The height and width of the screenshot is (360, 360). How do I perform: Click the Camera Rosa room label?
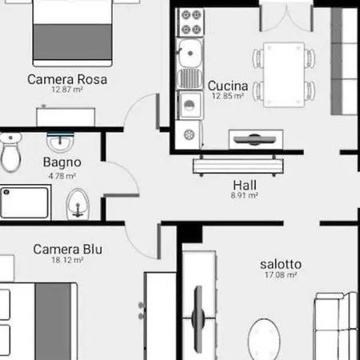(67, 79)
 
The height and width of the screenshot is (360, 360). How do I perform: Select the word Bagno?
(62, 163)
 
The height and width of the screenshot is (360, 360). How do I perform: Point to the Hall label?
(244, 183)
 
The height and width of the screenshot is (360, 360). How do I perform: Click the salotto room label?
(279, 263)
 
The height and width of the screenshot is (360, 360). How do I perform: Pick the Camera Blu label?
(68, 249)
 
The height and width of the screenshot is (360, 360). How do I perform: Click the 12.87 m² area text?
(67, 91)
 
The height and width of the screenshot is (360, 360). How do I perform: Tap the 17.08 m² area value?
(279, 274)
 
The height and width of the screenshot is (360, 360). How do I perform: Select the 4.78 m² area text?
(62, 175)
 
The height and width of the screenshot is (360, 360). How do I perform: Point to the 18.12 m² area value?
(68, 261)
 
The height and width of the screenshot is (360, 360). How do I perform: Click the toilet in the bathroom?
(10, 153)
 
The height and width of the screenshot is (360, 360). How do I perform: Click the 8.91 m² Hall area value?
(244, 194)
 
